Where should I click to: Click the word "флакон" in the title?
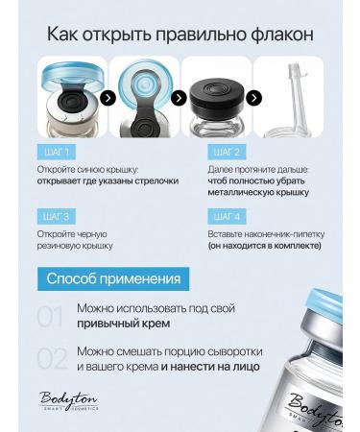point(281,35)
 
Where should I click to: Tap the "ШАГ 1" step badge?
point(57,152)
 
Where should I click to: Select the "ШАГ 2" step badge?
point(227,152)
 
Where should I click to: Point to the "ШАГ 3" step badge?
point(57,216)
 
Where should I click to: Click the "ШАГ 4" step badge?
point(227,216)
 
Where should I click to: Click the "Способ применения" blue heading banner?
point(113,279)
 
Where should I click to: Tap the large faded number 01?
point(50,317)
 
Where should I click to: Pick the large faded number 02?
point(52,359)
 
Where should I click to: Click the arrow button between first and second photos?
point(108,98)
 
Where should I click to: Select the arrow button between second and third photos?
point(179,98)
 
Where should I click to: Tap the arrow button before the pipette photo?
point(253,98)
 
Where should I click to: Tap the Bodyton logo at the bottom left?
point(68,400)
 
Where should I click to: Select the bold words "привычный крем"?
point(124,324)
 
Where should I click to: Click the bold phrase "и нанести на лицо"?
point(210,367)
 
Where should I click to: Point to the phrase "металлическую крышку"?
point(258,193)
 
